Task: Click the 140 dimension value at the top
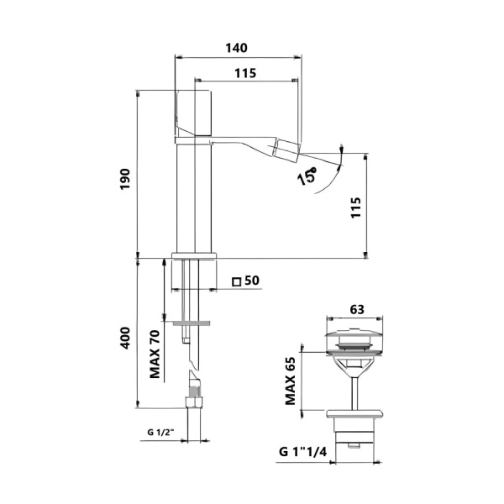(238, 49)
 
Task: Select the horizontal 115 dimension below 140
(244, 73)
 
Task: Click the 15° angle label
(306, 176)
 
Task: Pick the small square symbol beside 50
(237, 281)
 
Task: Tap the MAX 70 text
(155, 354)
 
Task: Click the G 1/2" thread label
(160, 433)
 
